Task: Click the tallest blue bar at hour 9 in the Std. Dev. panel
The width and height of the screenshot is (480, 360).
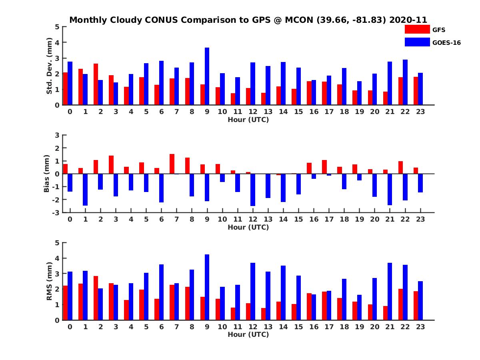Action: click(207, 76)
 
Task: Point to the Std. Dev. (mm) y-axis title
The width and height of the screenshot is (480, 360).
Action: click(50, 66)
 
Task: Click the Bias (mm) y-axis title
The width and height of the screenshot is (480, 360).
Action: click(47, 173)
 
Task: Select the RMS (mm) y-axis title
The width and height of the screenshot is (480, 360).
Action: click(50, 281)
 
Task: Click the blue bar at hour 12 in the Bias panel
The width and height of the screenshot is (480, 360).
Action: click(253, 190)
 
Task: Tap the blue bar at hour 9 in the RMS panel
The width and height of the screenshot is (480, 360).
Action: click(207, 287)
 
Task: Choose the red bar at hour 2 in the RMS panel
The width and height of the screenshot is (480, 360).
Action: click(96, 298)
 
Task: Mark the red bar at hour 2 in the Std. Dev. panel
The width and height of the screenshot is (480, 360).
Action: click(96, 84)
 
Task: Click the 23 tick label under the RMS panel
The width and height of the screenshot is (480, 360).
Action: click(421, 326)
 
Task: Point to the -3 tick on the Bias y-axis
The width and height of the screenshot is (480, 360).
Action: click(56, 212)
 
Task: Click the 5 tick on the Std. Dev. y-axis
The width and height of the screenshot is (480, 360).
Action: click(58, 27)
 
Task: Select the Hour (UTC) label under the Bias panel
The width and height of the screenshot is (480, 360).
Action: click(248, 227)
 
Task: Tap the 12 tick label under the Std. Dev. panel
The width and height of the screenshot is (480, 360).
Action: click(253, 112)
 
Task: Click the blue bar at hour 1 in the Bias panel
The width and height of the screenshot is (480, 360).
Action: click(85, 190)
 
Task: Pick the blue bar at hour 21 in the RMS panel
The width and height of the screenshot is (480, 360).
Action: click(390, 292)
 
